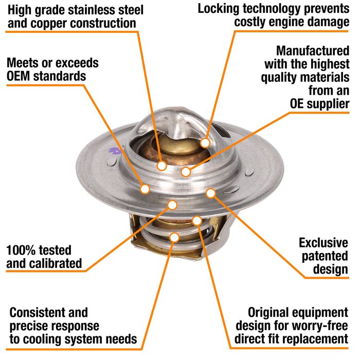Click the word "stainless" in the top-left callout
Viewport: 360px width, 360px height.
click(x=94, y=10)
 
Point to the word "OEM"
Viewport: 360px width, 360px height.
click(x=19, y=76)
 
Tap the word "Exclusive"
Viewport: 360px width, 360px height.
click(x=323, y=243)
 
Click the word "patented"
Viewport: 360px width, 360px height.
click(x=325, y=257)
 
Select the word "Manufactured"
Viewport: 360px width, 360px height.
click(x=313, y=51)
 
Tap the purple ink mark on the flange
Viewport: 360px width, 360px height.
click(x=115, y=151)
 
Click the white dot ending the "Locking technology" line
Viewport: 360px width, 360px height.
click(x=205, y=143)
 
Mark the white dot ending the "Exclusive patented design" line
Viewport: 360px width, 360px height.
click(x=211, y=193)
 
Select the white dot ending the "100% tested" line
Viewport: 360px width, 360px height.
click(x=172, y=205)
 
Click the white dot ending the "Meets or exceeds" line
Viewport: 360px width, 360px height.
click(x=145, y=189)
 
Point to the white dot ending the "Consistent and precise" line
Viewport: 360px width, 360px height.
click(x=175, y=238)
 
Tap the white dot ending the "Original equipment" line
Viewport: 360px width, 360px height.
click(x=197, y=221)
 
